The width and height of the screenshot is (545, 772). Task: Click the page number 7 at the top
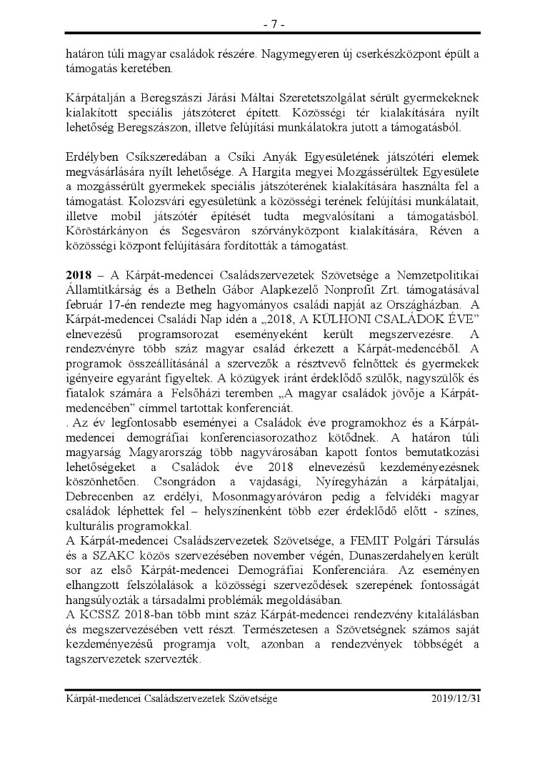[x=273, y=24]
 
